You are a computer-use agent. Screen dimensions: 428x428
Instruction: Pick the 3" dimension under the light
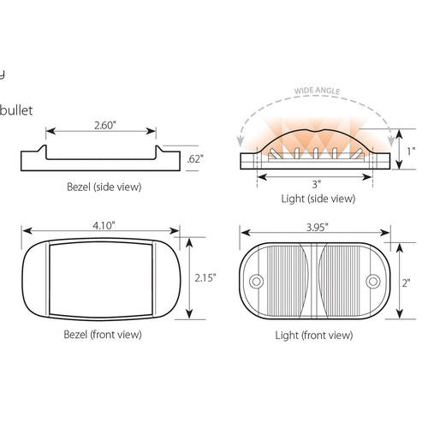(316, 183)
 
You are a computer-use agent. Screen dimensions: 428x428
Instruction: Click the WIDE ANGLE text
(317, 89)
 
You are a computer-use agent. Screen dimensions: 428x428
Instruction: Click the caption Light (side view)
(318, 199)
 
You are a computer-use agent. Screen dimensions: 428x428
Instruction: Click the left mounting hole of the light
(255, 281)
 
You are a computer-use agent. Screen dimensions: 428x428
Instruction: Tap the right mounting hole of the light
(373, 281)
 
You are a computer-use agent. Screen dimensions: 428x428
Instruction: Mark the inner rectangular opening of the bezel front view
(102, 280)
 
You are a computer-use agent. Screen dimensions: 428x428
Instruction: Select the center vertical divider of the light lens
(314, 280)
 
